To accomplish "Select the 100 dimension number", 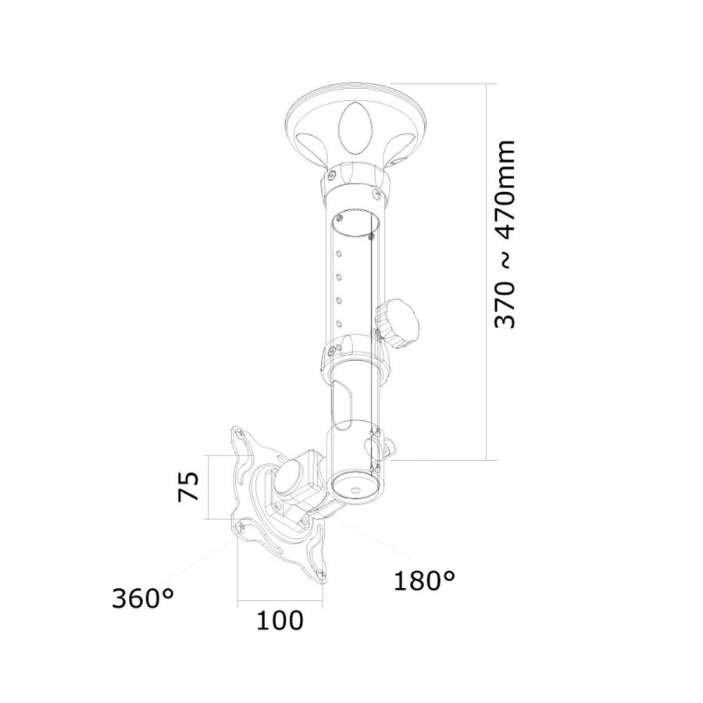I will (279, 621).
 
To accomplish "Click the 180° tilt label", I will (423, 580).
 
